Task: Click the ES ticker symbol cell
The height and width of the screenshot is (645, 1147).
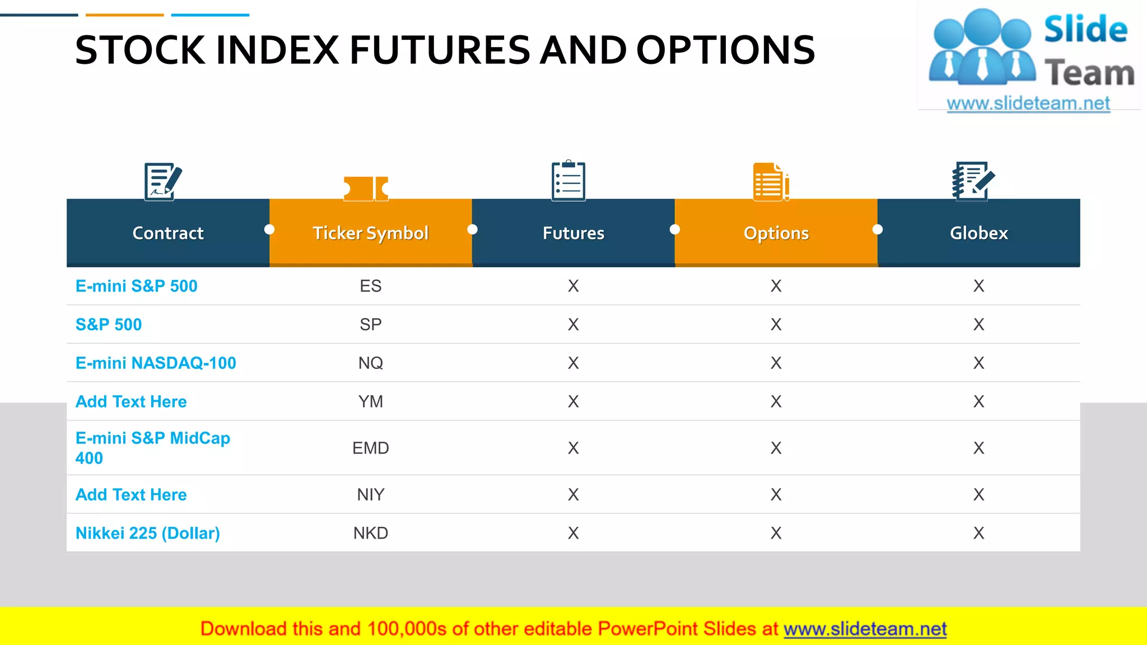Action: pos(370,286)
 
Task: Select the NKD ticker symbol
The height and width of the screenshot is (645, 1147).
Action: pos(370,533)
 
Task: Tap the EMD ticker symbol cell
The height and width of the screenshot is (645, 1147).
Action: pos(370,448)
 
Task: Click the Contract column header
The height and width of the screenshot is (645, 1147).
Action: pos(168,233)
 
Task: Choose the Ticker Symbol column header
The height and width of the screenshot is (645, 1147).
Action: pos(370,233)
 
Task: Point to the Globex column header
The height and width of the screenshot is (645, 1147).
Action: pos(978,233)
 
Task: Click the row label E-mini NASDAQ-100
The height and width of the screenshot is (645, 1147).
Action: pos(156,363)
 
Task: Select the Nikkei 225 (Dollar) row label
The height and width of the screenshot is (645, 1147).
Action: pos(148,533)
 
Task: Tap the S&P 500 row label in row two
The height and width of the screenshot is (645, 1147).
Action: pos(109,325)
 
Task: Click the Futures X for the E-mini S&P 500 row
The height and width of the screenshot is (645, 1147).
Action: pos(573,286)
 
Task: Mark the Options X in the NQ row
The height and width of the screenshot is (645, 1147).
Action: pos(776,363)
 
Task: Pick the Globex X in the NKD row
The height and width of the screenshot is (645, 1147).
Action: pos(978,533)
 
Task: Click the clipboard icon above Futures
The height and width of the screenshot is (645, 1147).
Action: pos(568,180)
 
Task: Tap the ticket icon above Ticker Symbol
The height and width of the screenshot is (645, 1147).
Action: pos(366,188)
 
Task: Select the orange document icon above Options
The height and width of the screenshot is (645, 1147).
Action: pos(771,181)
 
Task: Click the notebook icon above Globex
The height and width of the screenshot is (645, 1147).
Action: pos(973,180)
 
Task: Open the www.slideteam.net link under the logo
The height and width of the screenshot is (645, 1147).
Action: pos(1028,104)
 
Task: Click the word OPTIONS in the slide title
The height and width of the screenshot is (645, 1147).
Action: pos(725,50)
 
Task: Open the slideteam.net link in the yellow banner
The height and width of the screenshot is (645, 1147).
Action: pos(865,629)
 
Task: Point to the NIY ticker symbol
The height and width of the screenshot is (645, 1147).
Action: pos(370,494)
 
